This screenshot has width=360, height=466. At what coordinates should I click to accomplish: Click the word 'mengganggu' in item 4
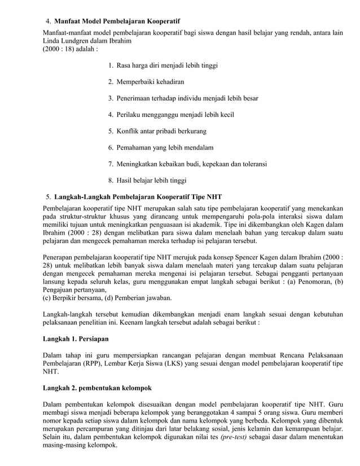coord(164,115)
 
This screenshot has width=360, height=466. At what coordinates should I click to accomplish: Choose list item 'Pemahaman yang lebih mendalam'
coord(165,148)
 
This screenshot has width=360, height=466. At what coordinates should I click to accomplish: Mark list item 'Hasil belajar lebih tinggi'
coord(151,181)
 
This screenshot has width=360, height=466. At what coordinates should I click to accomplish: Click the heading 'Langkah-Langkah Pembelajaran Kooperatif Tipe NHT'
coord(138,196)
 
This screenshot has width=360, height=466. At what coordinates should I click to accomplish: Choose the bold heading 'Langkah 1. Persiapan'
coord(76,340)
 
